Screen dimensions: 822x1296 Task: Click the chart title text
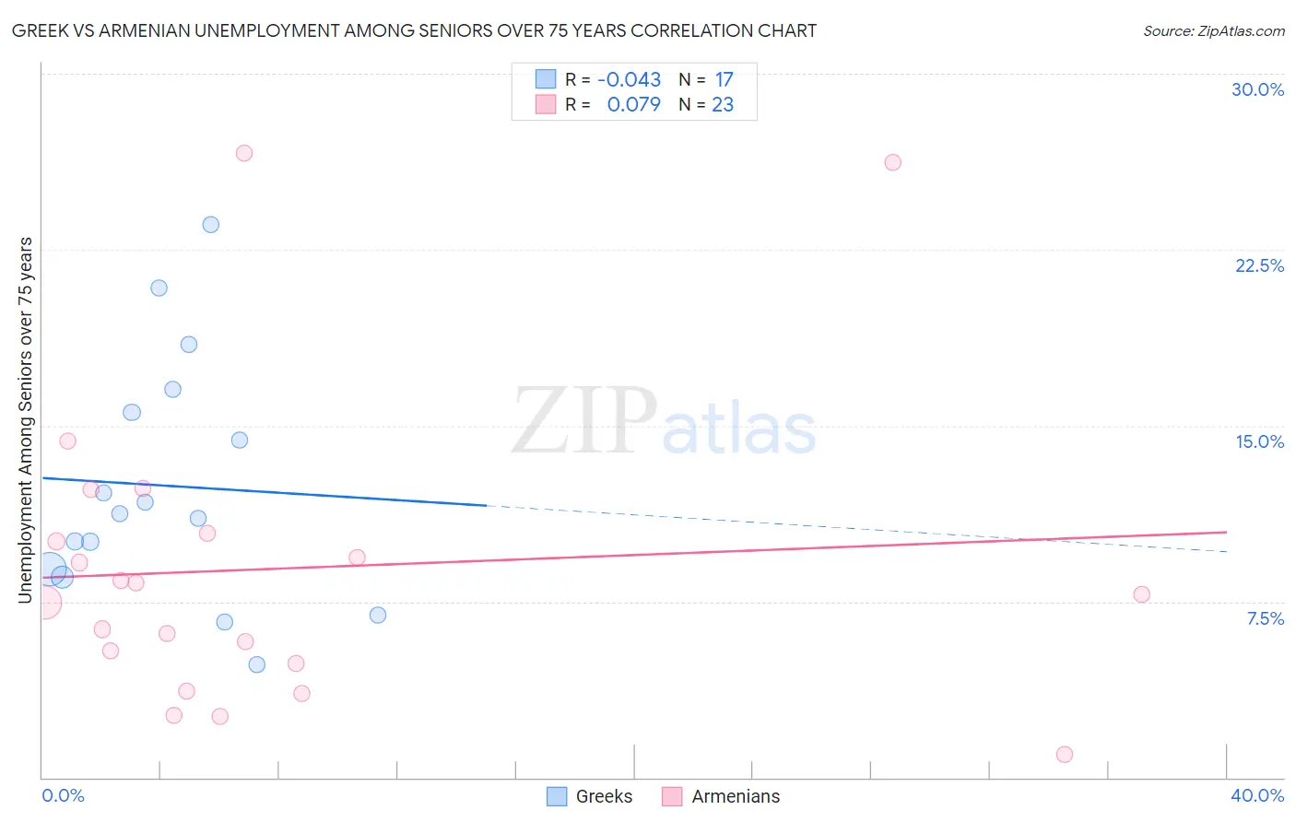(414, 30)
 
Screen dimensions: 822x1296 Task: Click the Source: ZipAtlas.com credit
(1213, 30)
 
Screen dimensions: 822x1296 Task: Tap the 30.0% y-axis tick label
(1257, 89)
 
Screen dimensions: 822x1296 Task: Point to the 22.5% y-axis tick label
(1259, 265)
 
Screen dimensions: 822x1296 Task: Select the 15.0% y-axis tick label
(1259, 441)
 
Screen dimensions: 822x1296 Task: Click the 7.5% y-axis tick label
(1265, 618)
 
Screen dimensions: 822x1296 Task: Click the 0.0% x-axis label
(64, 795)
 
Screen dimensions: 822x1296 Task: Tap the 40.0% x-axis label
(1256, 795)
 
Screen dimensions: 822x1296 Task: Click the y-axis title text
(25, 420)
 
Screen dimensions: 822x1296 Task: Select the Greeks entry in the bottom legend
(604, 796)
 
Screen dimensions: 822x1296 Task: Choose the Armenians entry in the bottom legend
(735, 796)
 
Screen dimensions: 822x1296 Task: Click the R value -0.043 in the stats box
(630, 80)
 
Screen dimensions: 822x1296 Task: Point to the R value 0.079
(633, 105)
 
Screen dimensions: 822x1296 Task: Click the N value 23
(723, 105)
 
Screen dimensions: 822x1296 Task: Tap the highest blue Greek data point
(211, 225)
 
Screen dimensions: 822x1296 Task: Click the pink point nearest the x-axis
(1065, 755)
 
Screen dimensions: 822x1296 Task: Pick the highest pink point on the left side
(244, 153)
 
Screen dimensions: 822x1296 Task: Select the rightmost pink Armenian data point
(1142, 594)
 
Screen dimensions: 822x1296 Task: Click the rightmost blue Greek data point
(378, 615)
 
